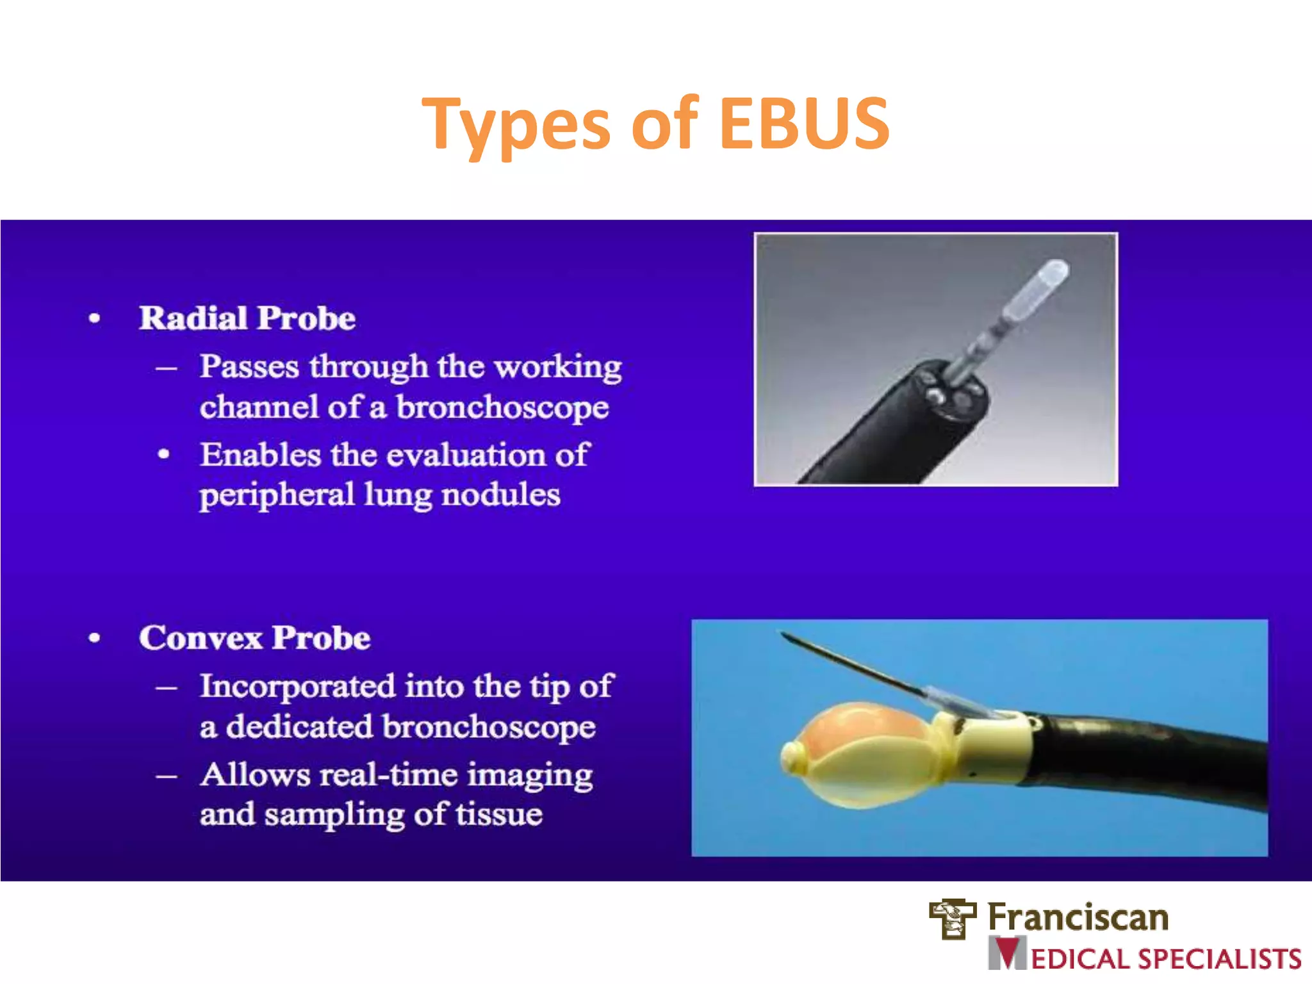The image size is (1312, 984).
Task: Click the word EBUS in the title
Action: [804, 123]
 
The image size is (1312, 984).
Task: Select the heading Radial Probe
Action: [247, 318]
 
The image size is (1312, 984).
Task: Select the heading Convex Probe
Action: [254, 638]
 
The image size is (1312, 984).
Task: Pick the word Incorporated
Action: [297, 686]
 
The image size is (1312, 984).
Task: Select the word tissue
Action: [499, 815]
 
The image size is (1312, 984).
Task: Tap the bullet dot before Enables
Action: [164, 455]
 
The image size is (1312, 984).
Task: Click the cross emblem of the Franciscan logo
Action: [953, 917]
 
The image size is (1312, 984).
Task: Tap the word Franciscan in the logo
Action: [1078, 917]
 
